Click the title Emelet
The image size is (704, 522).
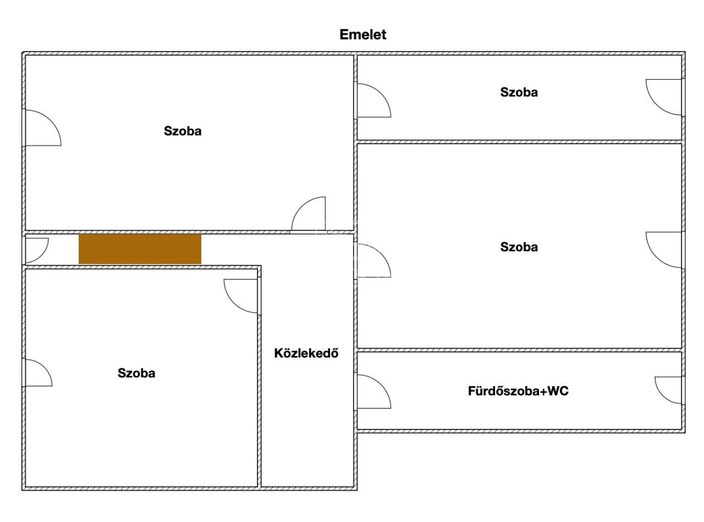[x=363, y=35]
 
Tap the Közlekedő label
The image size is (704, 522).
[x=306, y=353]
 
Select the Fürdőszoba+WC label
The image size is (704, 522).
[x=518, y=392]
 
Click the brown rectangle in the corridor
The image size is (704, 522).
[x=140, y=249]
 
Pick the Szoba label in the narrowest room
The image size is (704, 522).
[x=519, y=92]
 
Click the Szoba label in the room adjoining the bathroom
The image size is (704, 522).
[x=519, y=248]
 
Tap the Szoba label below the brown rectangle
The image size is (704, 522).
[x=136, y=373]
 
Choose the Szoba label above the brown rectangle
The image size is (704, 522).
[x=183, y=131]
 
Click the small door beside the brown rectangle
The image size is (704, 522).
[x=36, y=250]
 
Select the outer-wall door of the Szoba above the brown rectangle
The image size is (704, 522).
[x=41, y=128]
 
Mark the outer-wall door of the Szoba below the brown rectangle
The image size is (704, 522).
[x=37, y=373]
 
